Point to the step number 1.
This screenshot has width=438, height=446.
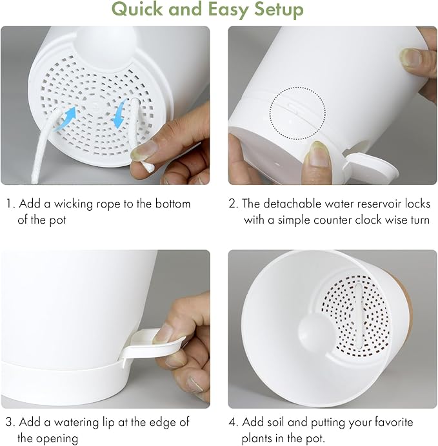click(9, 204)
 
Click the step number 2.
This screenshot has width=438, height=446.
click(233, 204)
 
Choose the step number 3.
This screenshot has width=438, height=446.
click(10, 422)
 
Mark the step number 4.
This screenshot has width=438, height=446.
click(234, 422)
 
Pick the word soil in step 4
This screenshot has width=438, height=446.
click(280, 422)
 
